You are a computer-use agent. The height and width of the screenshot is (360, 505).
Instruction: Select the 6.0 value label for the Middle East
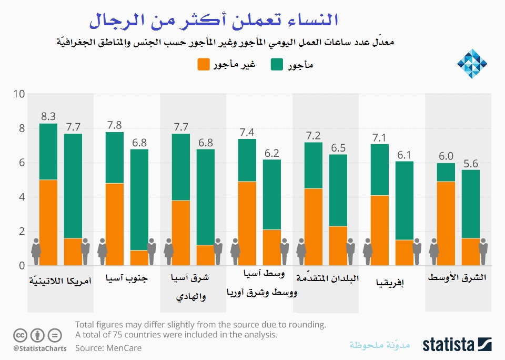[x=446, y=156]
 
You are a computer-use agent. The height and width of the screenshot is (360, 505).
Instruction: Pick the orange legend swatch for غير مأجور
[x=204, y=65]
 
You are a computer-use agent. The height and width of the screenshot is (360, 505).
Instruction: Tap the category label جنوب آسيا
[x=126, y=278]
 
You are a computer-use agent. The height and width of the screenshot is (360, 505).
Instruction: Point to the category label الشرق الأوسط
[x=457, y=277]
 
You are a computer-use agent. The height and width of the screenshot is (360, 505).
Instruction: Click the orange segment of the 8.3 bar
[x=48, y=222]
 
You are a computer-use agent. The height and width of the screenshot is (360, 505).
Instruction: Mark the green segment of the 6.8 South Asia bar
[x=139, y=199]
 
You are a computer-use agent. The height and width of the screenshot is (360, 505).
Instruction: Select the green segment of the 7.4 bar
[x=247, y=160]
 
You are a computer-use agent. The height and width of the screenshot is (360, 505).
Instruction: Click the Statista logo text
[x=449, y=345]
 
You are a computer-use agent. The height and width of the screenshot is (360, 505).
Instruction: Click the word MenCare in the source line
[x=124, y=348]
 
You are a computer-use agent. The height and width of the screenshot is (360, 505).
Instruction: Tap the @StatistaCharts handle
[x=40, y=348]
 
